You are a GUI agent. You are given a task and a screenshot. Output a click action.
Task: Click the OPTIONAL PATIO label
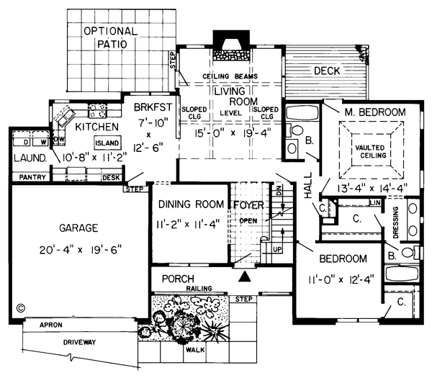[x=109, y=37]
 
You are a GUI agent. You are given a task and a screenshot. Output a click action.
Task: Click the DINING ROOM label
[x=191, y=204]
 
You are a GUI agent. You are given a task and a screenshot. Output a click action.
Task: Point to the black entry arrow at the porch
[x=246, y=276]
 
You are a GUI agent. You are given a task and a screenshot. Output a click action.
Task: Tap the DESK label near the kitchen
[x=112, y=176]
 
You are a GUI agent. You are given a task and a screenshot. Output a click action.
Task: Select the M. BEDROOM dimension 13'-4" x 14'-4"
[x=364, y=189]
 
